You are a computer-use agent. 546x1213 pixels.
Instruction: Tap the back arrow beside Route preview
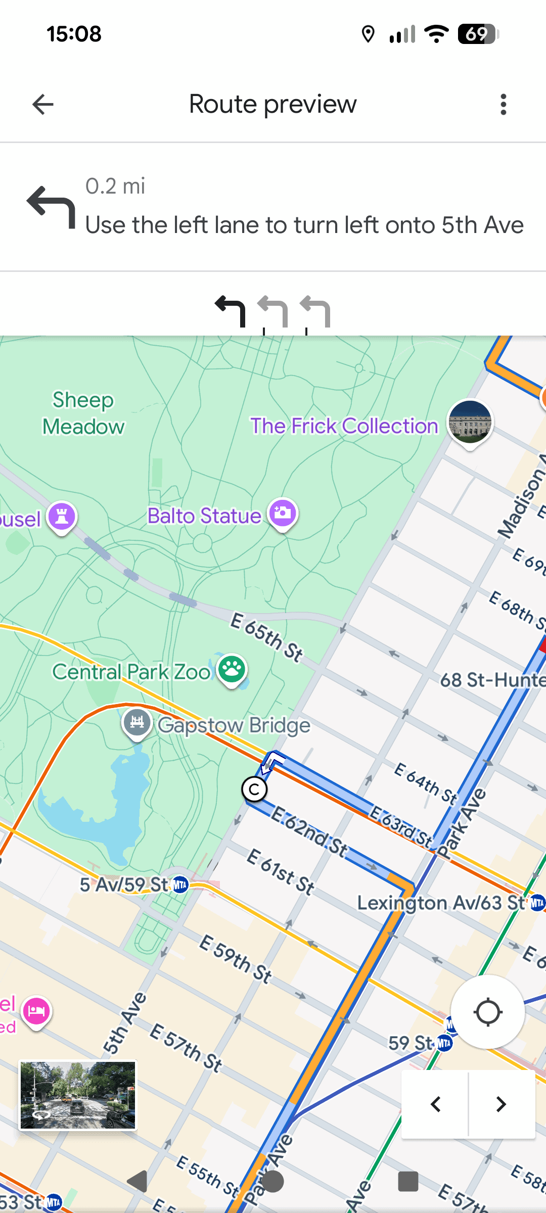43,105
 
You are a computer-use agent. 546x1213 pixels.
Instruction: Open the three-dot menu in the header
503,105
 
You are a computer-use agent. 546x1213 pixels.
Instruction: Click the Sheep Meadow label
83,413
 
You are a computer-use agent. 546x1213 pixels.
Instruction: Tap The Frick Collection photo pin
470,421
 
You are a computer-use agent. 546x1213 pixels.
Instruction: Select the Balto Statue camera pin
283,514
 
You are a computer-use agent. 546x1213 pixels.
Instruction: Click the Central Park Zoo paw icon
232,669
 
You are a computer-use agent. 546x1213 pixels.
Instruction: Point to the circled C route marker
254,789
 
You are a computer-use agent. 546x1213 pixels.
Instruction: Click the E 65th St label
267,637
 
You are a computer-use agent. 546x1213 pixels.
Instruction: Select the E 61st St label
281,871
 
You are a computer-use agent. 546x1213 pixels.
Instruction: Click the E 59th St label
236,958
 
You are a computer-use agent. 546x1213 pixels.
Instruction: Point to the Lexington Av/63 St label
441,903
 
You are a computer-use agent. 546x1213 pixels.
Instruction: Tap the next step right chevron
501,1104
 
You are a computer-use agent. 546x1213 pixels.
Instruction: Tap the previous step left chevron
435,1104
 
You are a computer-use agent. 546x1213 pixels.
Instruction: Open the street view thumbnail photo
78,1095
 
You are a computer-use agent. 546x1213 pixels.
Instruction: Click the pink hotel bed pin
36,1011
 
